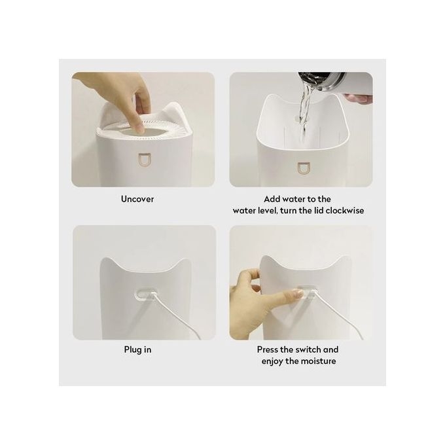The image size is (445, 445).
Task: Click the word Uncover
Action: pos(137,199)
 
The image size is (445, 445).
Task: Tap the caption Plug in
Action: pos(137,349)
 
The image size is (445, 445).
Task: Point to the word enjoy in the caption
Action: pos(275,361)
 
